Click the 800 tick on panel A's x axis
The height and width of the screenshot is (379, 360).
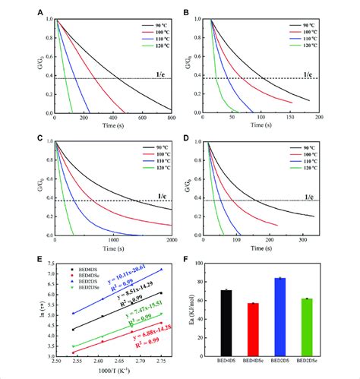coord(171,119)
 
